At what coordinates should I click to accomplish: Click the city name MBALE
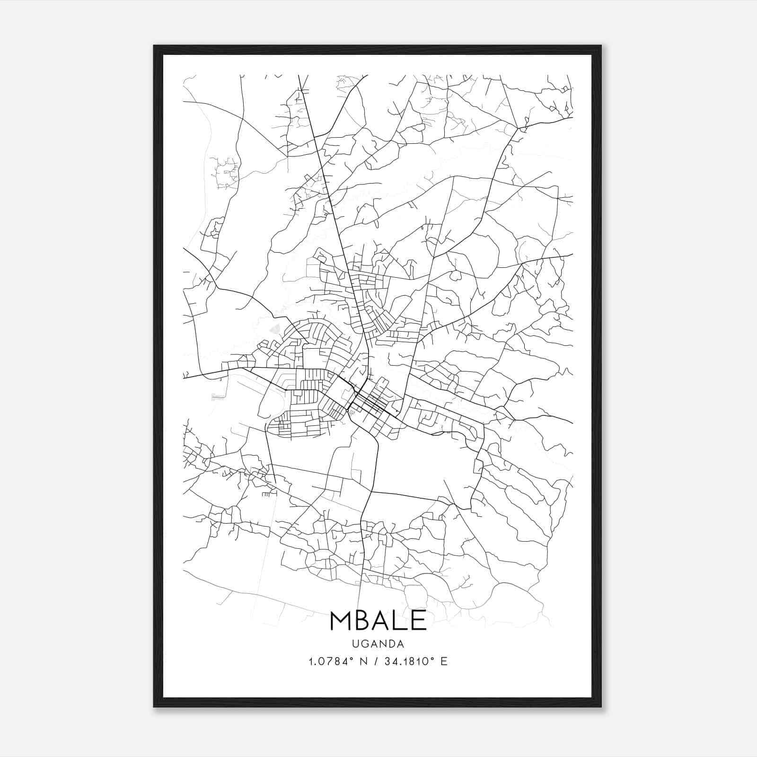[378, 620]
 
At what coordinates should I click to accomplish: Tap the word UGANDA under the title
[378, 644]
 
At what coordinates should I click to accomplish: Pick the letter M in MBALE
[340, 620]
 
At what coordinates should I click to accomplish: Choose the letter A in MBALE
[381, 620]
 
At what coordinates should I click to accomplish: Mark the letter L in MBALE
[400, 620]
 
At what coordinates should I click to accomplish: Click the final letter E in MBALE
[418, 620]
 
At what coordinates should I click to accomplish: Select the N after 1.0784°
[363, 661]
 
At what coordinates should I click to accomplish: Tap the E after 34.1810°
[444, 661]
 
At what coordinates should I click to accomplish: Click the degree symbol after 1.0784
[352, 658]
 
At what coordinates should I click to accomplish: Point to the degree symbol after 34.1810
[432, 658]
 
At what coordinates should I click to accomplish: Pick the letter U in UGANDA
[355, 644]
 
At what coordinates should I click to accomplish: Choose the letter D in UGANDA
[391, 644]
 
